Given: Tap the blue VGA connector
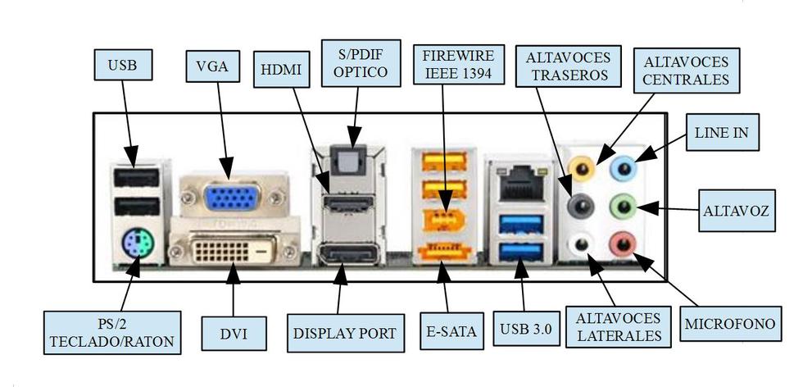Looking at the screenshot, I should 228,198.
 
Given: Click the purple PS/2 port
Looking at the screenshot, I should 135,242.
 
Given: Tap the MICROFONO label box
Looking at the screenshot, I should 729,325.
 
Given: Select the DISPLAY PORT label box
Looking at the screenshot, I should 344,334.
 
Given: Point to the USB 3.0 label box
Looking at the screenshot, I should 525,330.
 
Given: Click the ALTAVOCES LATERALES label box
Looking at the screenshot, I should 619,327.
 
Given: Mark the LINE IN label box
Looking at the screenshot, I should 721,132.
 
